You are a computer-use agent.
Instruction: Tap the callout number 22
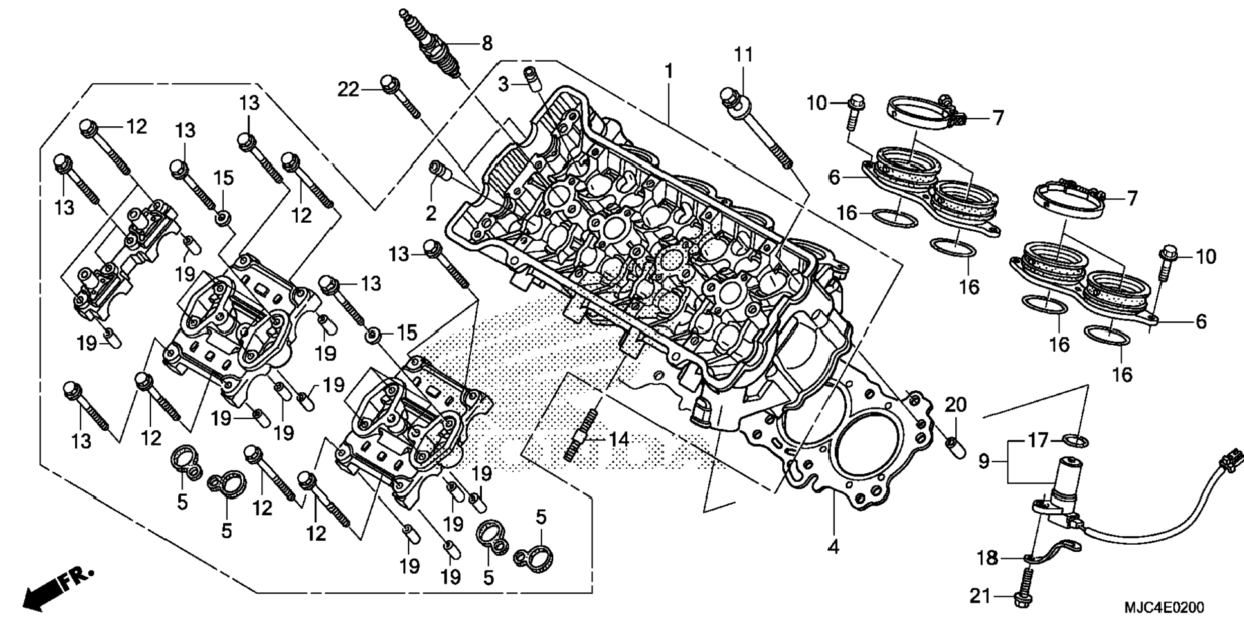[x=349, y=90]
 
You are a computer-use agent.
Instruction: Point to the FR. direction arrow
[x=59, y=588]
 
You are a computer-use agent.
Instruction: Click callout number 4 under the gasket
[x=833, y=547]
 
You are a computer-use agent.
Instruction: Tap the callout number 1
[x=669, y=70]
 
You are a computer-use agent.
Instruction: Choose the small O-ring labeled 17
[x=1074, y=441]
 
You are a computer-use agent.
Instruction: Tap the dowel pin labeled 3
[x=531, y=77]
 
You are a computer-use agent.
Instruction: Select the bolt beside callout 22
[x=401, y=97]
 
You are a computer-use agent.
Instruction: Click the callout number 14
[x=618, y=440]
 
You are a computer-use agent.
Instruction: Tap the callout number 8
[x=487, y=44]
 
